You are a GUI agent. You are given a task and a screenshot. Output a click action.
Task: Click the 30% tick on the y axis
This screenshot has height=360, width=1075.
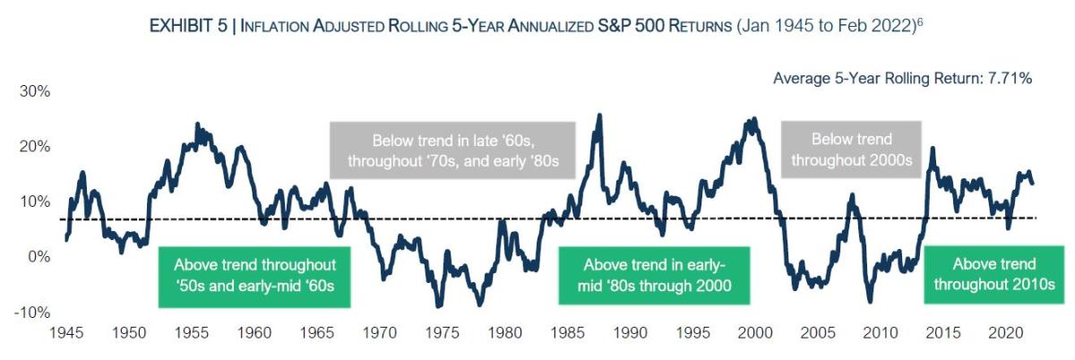pos(36,91)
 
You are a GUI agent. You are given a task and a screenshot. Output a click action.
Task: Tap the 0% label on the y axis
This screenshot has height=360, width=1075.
pos(40,257)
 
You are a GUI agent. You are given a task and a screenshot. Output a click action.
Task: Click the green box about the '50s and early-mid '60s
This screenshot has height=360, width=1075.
pos(255,276)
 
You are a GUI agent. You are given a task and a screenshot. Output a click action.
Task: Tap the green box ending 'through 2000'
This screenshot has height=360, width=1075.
pos(655,276)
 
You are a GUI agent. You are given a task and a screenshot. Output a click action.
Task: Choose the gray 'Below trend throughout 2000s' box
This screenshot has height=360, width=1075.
pos(852,150)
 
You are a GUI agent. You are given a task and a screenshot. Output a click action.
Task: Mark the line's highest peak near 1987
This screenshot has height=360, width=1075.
pos(598,115)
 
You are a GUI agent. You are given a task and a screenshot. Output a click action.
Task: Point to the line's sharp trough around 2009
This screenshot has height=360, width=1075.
pos(869,301)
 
